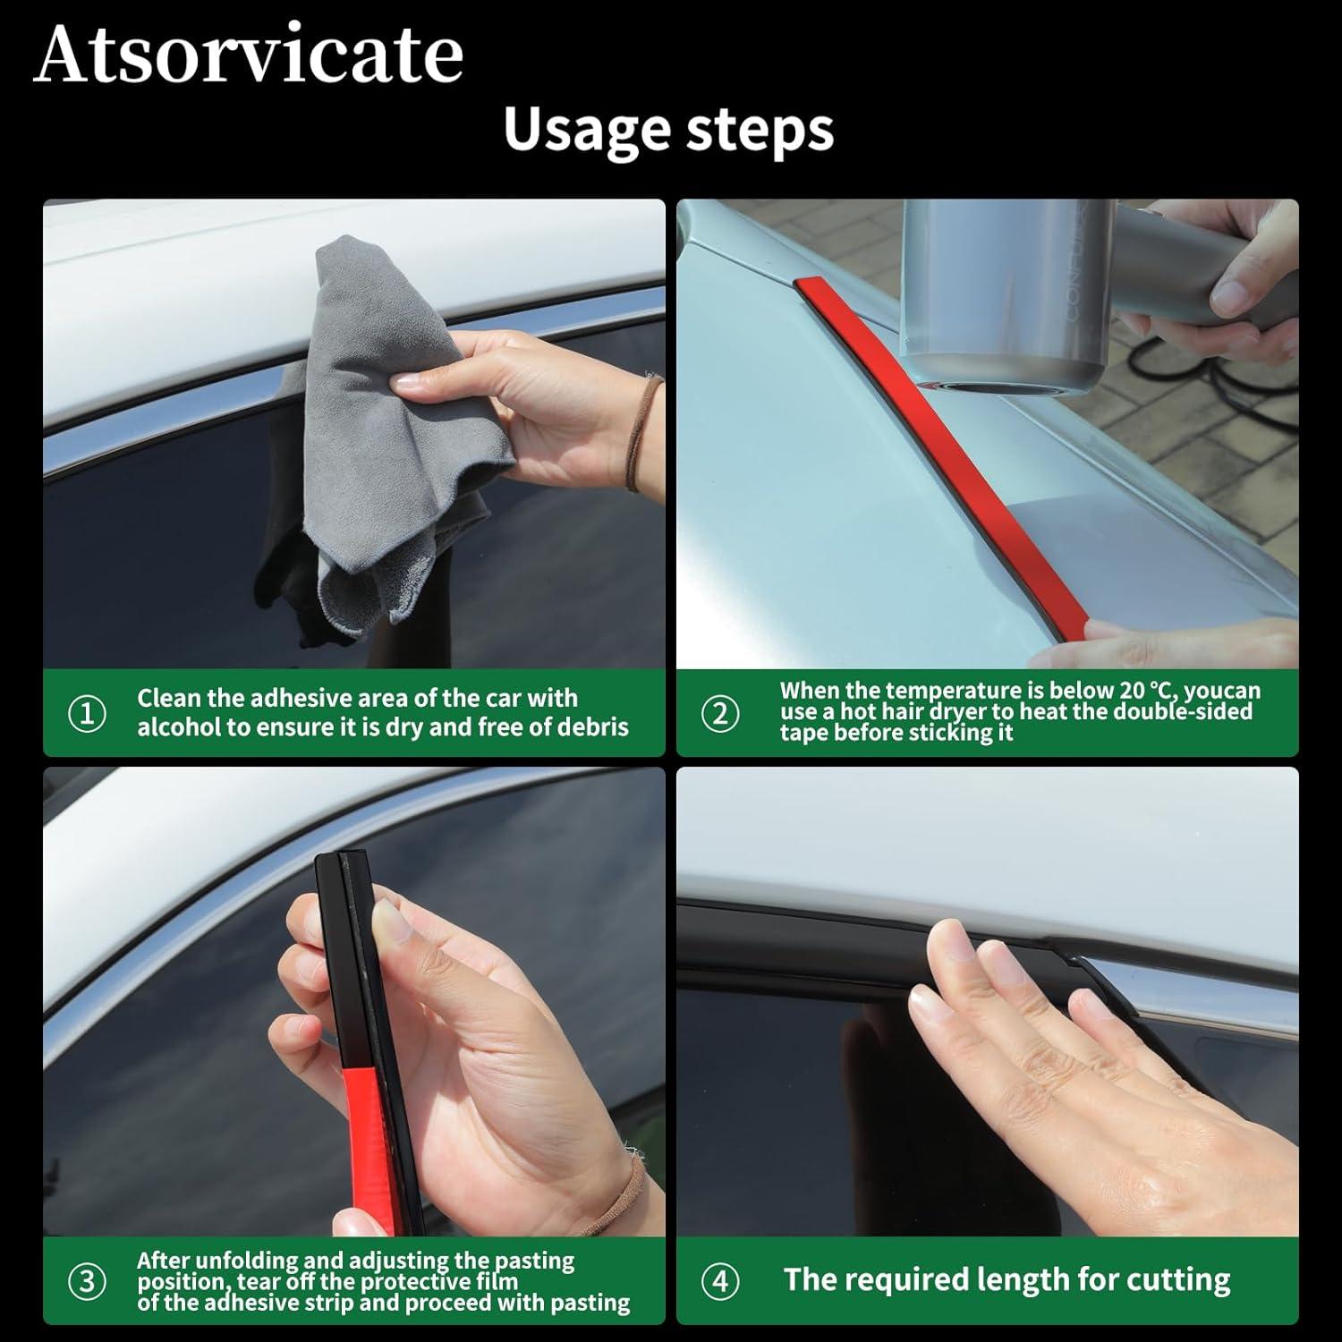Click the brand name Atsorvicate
248,54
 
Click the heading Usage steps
668,130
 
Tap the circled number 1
87,713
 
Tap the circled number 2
720,713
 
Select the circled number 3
87,1281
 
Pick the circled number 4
720,1281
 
